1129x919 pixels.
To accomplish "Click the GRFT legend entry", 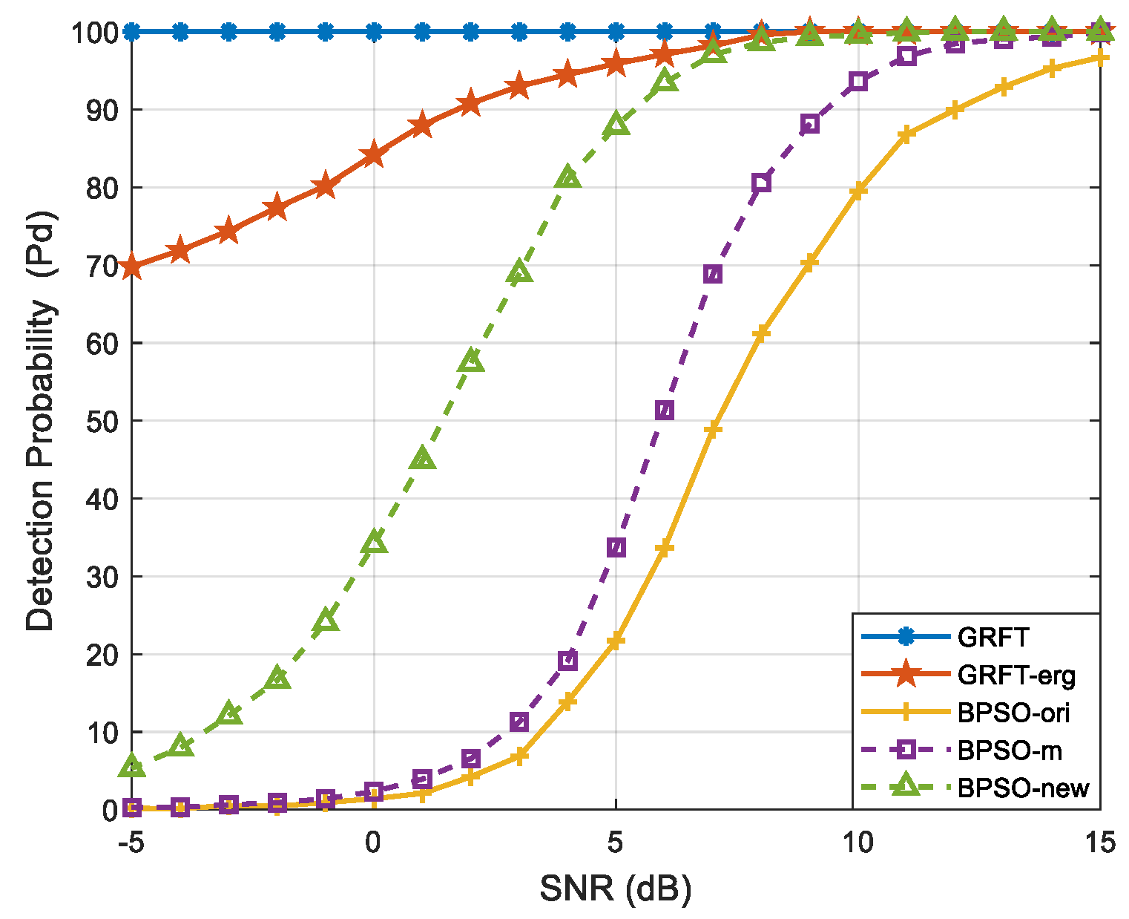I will pyautogui.click(x=993, y=637).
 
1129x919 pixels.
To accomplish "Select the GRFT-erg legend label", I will pyautogui.click(x=1016, y=675).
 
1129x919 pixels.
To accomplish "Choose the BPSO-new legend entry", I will pyautogui.click(x=1023, y=788).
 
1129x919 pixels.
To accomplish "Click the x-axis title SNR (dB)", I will pyautogui.click(x=615, y=888).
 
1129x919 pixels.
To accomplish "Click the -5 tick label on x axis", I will pyautogui.click(x=131, y=843).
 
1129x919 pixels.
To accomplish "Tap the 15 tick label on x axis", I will pyautogui.click(x=1099, y=843).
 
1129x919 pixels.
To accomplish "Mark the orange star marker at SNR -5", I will pyautogui.click(x=131, y=266).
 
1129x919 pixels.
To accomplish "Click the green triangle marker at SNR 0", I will pyautogui.click(x=374, y=543).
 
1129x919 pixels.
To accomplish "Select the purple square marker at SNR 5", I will pyautogui.click(x=616, y=548).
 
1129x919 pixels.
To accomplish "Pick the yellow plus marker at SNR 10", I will pyautogui.click(x=858, y=192).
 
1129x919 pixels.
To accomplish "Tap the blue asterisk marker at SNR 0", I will pyautogui.click(x=374, y=32).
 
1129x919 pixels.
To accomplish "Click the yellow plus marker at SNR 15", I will pyautogui.click(x=1100, y=58).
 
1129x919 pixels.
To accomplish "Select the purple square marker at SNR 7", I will pyautogui.click(x=712, y=275).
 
